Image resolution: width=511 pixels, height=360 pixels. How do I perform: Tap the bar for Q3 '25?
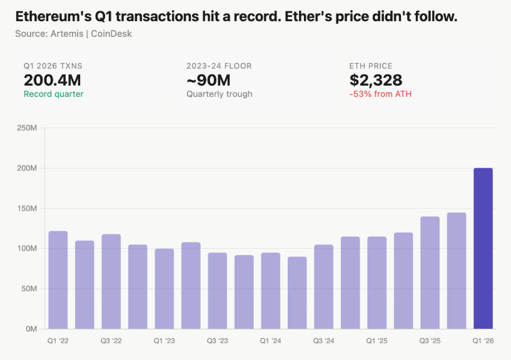tap(430, 272)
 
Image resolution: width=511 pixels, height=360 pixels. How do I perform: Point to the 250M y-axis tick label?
tap(27, 128)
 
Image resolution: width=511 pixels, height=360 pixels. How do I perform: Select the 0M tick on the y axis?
tap(31, 329)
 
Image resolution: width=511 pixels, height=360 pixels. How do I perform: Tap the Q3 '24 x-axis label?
tap(323, 341)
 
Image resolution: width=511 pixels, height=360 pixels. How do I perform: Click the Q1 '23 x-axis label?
tap(164, 341)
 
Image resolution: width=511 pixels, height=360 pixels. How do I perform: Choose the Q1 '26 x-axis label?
tap(483, 341)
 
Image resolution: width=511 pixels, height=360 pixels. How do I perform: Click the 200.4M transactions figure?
tap(53, 80)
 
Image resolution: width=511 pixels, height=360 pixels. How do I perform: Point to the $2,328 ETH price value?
tap(375, 80)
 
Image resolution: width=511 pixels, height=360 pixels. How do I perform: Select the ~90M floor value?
tap(208, 80)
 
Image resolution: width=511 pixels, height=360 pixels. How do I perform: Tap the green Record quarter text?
tap(53, 94)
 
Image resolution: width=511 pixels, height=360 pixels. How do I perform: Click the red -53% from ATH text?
tap(380, 94)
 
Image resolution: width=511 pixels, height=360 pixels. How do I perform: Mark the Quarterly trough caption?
tap(219, 94)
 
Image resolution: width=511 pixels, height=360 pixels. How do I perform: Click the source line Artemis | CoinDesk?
tap(73, 33)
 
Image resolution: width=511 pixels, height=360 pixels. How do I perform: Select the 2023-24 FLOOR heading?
tap(218, 66)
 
